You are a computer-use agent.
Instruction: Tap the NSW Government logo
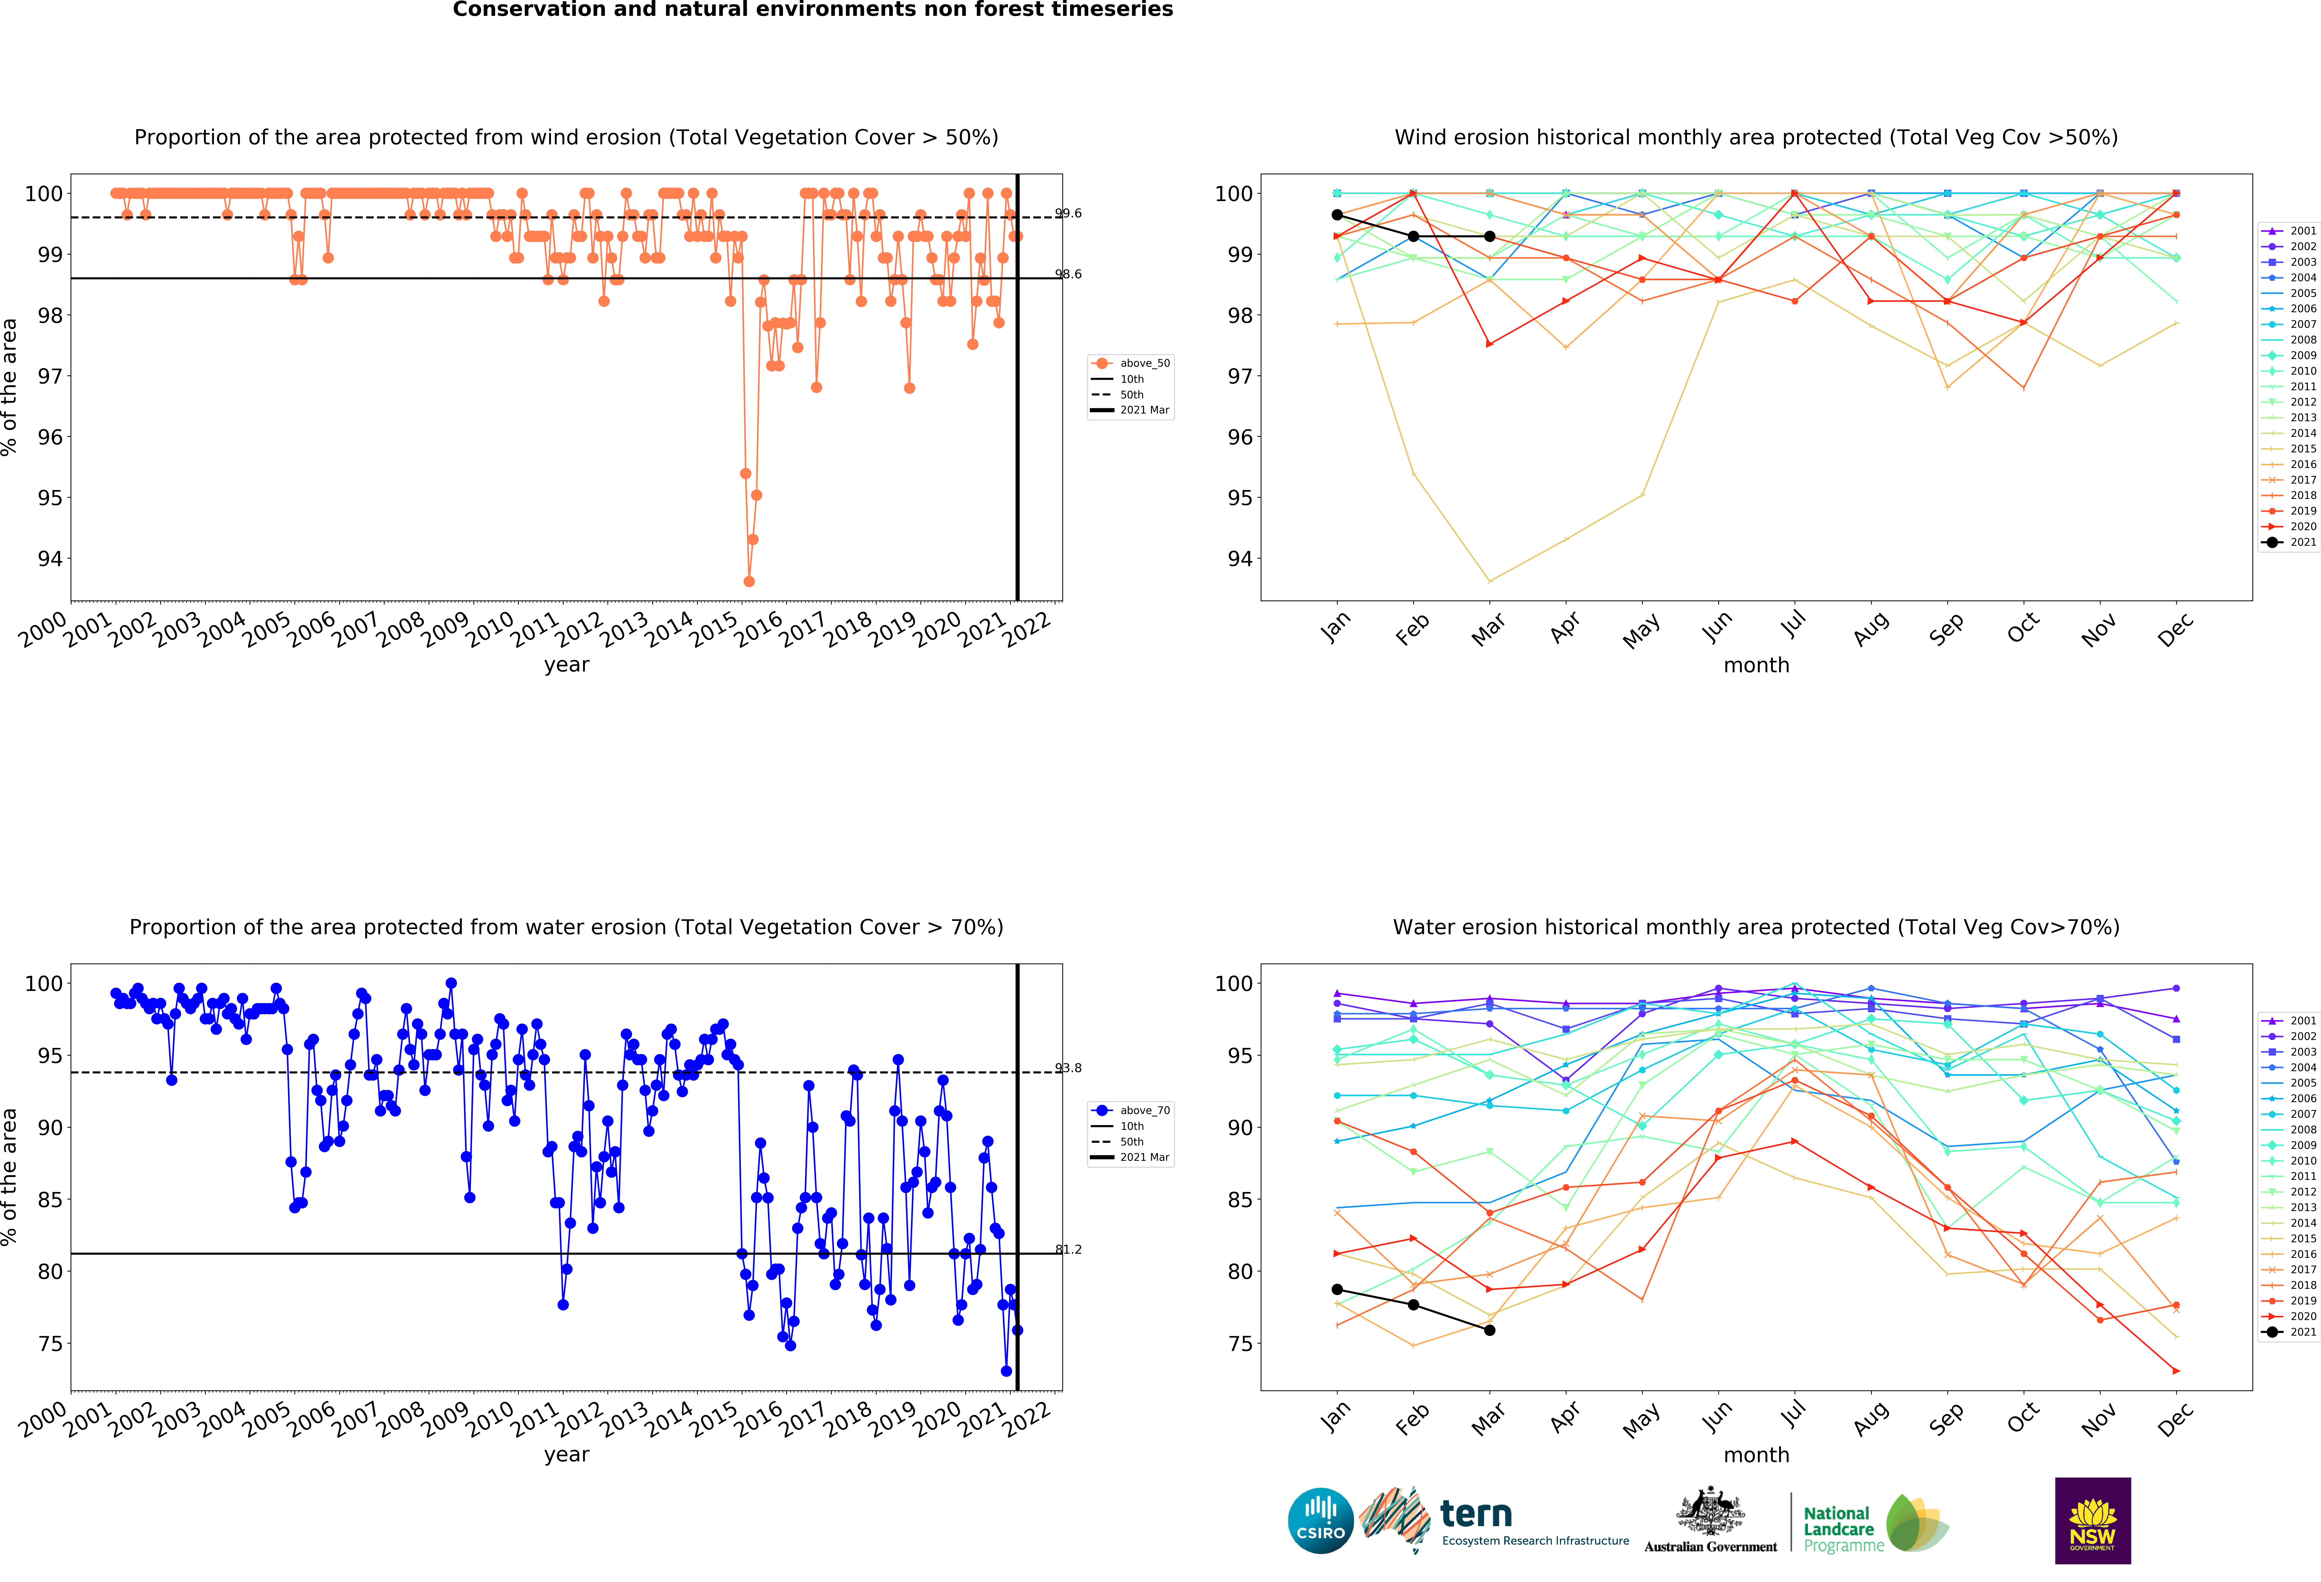(2092, 1520)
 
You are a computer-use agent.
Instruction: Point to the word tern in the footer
(1476, 1514)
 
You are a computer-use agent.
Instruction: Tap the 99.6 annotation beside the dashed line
(1068, 214)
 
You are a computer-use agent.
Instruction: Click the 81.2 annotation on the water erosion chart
(1068, 1249)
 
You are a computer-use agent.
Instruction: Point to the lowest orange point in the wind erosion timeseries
(749, 581)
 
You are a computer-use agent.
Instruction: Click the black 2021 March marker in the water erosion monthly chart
(1489, 1330)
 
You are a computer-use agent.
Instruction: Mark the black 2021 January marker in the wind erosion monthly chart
(1337, 215)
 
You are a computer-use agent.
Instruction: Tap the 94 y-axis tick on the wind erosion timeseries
(50, 559)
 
